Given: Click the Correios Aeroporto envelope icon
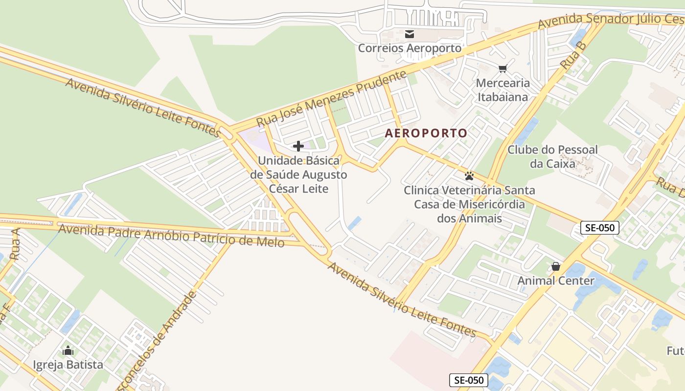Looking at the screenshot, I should [x=410, y=34].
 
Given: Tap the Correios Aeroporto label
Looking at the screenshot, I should [x=410, y=48].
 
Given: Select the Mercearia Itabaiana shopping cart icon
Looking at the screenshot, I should [x=502, y=68].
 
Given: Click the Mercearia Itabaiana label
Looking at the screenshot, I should [x=502, y=90].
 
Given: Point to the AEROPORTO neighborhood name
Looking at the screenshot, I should [x=426, y=133].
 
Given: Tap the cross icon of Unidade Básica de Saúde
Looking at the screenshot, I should [x=298, y=146].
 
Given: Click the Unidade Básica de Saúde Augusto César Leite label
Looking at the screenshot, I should [x=298, y=174].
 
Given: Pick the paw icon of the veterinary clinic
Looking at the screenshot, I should [x=469, y=176].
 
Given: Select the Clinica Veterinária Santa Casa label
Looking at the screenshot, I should [x=469, y=204].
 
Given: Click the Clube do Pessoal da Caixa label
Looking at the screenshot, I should [x=552, y=156].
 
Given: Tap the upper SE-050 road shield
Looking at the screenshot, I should [x=600, y=227].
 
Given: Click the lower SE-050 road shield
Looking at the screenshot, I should [x=469, y=380].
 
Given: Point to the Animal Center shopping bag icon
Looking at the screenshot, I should [x=556, y=266].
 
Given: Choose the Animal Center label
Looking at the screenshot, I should [x=556, y=281].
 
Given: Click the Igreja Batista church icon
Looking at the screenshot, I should [x=68, y=350].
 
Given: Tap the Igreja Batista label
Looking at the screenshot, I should [x=68, y=365].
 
